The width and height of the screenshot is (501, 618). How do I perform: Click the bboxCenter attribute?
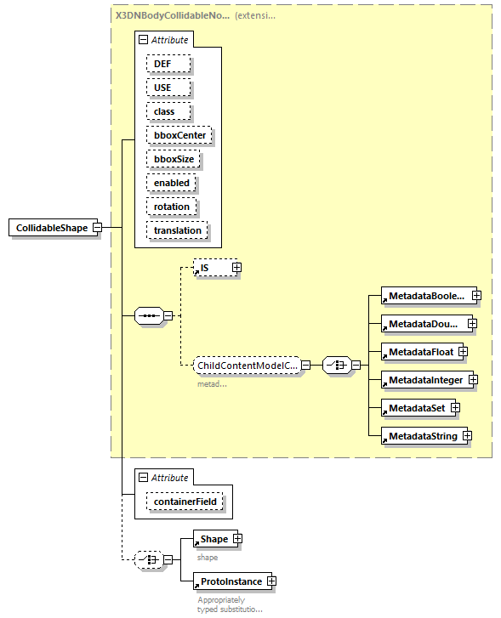point(179,135)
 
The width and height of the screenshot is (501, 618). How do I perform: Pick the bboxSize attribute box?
point(173,159)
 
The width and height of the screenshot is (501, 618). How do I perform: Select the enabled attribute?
point(171,183)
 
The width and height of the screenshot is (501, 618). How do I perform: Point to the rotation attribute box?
point(172,207)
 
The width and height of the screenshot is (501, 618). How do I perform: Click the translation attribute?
point(177,230)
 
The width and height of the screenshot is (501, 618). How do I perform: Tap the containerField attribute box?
point(185,502)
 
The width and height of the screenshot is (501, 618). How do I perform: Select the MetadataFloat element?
point(418,352)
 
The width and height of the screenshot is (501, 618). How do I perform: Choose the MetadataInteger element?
point(423,379)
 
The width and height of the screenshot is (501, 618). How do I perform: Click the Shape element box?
point(213,539)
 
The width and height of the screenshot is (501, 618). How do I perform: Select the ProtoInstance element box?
point(230,581)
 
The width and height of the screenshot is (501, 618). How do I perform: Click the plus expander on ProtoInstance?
point(271,581)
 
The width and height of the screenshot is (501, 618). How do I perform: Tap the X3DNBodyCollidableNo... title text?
point(171,15)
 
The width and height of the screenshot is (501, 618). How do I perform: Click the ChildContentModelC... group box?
point(246,366)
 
